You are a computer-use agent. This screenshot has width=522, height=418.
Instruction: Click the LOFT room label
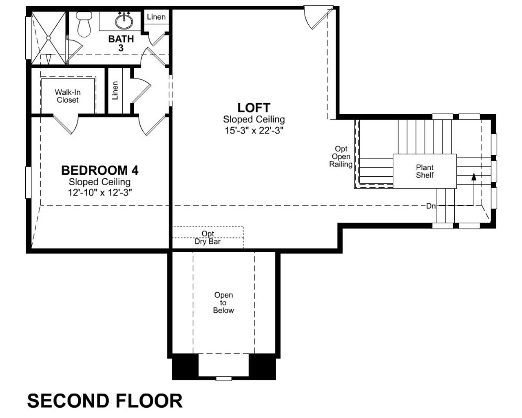tap(254, 108)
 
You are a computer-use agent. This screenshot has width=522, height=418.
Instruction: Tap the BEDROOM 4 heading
tap(100, 170)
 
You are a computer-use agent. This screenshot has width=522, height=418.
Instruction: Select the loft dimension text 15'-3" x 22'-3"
tap(253, 131)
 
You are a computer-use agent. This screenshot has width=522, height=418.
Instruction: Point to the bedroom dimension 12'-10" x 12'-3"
tap(100, 193)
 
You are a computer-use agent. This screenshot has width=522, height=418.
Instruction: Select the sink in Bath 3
tap(123, 20)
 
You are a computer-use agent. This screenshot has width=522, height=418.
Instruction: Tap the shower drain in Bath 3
tap(49, 38)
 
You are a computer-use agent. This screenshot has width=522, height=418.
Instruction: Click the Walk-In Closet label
tap(68, 96)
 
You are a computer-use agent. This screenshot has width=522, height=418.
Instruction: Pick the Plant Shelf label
tap(425, 171)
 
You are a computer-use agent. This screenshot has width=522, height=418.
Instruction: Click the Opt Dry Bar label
tap(208, 237)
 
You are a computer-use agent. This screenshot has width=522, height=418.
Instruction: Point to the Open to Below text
tap(223, 302)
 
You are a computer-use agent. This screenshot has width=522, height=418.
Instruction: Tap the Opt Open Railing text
tap(341, 156)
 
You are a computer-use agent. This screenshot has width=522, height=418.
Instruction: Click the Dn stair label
tap(431, 206)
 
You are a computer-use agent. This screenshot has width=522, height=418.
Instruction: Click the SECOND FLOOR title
tap(105, 401)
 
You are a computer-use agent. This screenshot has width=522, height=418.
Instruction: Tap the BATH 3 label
tap(121, 43)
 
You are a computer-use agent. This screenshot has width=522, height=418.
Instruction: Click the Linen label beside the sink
tap(156, 17)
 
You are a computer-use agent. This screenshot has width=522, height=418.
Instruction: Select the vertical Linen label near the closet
tap(115, 90)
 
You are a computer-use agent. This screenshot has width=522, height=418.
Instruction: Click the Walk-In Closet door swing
tap(65, 124)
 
